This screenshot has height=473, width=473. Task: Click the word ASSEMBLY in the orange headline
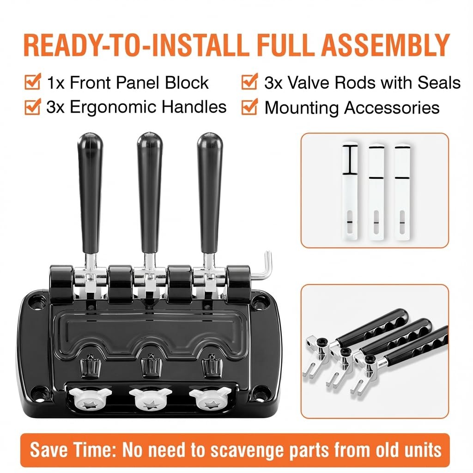pos(386,45)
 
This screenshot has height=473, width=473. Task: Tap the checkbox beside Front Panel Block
pos(33,81)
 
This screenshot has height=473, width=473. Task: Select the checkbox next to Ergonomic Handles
pos(33,107)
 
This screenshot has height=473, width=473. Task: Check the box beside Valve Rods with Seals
pos(249,81)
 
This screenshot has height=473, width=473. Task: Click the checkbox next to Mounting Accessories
pos(249,107)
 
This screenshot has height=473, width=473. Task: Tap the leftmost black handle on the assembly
pos(90,193)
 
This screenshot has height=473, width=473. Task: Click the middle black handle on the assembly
pos(150,193)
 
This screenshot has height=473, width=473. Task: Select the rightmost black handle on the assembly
pos(210,193)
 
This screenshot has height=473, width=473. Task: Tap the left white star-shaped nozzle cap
pos(90,398)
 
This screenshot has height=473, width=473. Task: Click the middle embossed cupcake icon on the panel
pos(152,366)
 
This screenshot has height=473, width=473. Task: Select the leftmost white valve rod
pos(350,192)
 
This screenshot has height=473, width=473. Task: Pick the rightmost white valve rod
pos(402,192)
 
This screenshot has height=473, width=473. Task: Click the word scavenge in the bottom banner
pos(248,451)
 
